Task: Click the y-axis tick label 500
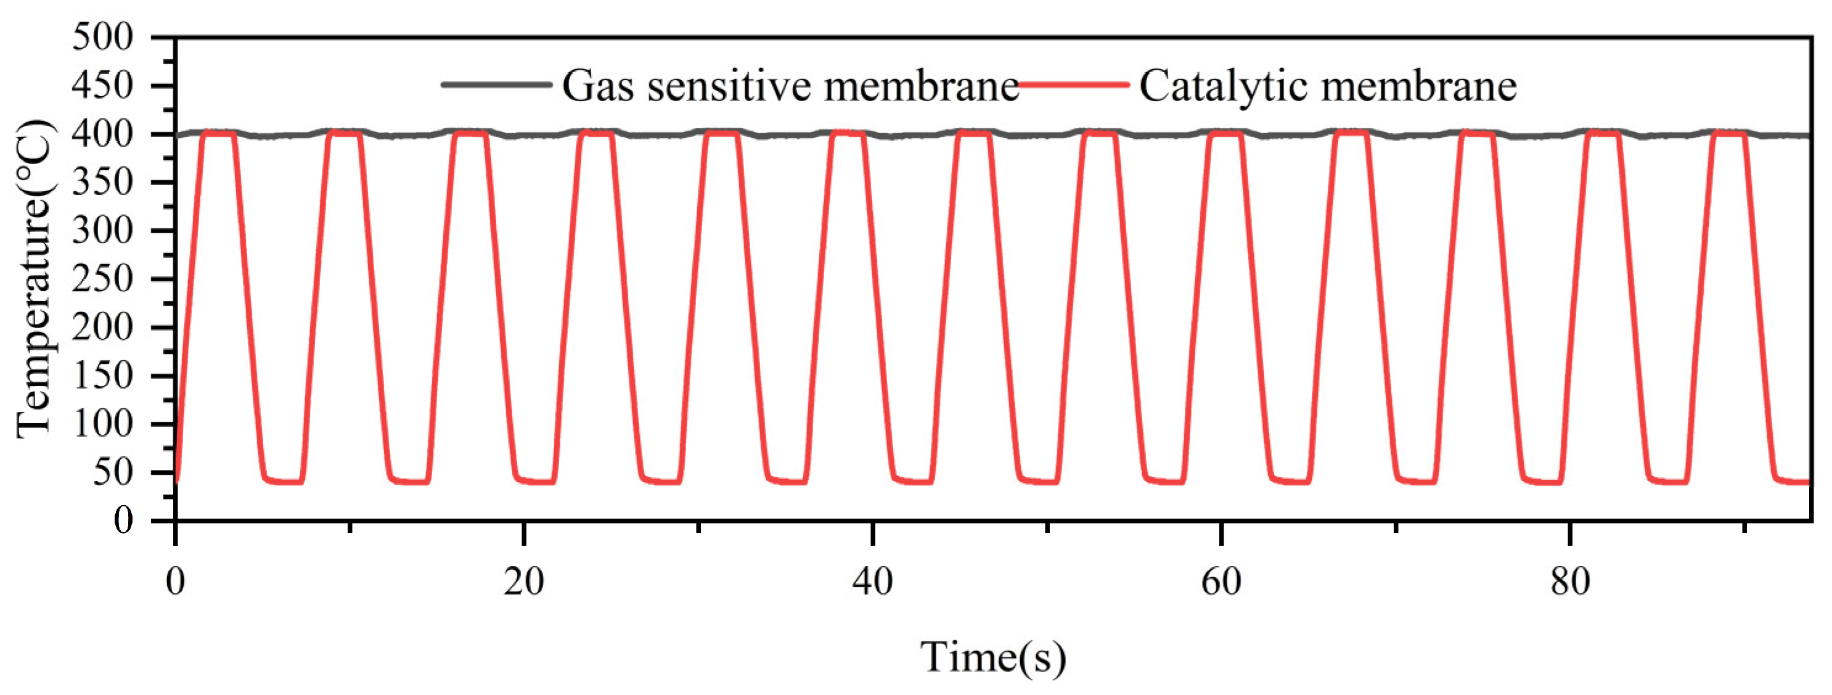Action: tap(102, 37)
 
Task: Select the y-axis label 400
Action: tap(102, 134)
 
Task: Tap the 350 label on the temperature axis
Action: tap(102, 182)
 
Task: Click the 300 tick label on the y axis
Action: tap(102, 231)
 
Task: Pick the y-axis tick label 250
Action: tap(102, 279)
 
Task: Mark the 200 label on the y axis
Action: tap(102, 327)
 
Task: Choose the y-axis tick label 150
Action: tap(102, 376)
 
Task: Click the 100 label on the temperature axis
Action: tap(102, 424)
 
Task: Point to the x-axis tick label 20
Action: tap(523, 582)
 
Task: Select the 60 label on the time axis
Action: tap(1221, 582)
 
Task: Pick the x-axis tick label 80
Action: tap(1569, 582)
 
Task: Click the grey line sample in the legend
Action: tap(496, 84)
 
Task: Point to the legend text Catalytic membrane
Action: tap(1328, 87)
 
